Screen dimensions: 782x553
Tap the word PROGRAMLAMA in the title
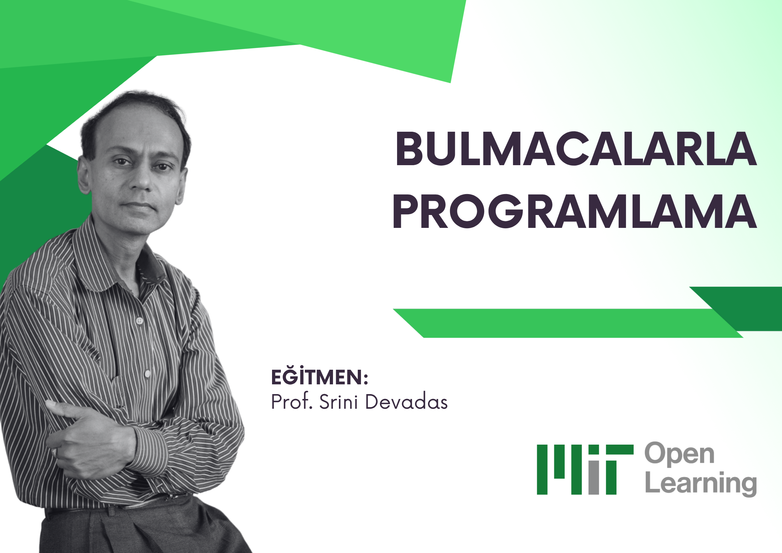(575, 212)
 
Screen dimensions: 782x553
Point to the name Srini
(339, 402)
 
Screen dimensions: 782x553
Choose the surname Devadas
(407, 402)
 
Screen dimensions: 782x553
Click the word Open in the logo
(679, 455)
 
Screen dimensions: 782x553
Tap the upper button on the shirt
(139, 321)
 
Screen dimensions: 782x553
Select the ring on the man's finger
(55, 452)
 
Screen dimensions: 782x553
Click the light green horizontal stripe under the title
(568, 323)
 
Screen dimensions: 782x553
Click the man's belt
(115, 507)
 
